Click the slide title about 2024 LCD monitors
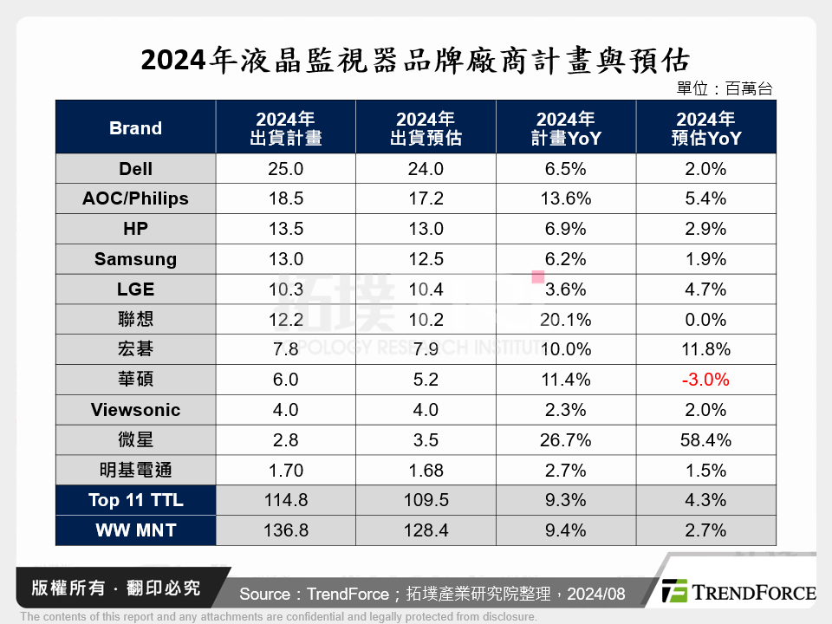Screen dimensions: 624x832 pos(415,61)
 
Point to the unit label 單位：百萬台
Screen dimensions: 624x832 pos(724,88)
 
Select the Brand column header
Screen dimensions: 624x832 pos(135,128)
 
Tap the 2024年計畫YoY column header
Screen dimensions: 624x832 pos(566,128)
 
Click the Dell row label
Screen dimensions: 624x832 pos(135,169)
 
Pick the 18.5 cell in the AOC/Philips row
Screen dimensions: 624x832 pos(286,198)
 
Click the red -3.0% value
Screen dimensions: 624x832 pos(705,380)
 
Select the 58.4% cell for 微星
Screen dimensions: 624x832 pos(705,440)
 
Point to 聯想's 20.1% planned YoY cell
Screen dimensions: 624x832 pos(566,320)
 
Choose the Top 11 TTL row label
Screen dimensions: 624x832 pos(135,500)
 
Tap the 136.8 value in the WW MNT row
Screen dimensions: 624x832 pos(286,530)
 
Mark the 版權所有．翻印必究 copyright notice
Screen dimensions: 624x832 pos(115,588)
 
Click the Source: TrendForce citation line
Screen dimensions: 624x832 pos(432,594)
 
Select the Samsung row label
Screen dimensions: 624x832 pos(135,259)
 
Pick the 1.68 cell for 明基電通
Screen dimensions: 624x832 pos(426,471)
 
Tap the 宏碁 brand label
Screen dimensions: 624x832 pos(135,350)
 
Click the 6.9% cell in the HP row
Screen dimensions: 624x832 pos(566,229)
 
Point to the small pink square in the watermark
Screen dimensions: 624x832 pos(537,277)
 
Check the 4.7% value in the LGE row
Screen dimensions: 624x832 pos(705,289)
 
